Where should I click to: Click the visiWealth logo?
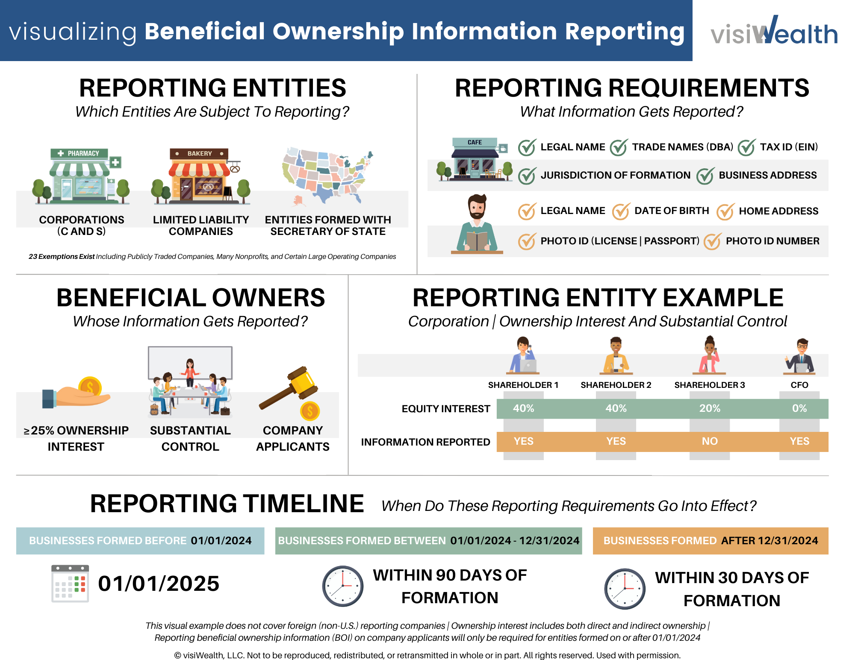tap(774, 31)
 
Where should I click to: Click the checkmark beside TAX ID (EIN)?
tap(747, 147)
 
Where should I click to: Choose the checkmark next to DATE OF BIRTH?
tap(620, 211)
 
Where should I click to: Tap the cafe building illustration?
tap(475, 160)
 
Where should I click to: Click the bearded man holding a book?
tap(477, 224)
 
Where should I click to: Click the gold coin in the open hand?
tap(90, 387)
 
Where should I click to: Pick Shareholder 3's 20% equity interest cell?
tap(710, 409)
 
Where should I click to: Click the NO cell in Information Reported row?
tap(710, 442)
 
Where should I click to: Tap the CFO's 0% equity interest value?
tap(799, 409)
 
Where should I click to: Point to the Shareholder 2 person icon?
tap(616, 355)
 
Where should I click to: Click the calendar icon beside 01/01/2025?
tap(70, 584)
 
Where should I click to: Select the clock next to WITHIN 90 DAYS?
tap(342, 586)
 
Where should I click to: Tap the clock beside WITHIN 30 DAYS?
tap(625, 589)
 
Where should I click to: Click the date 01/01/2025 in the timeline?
tap(159, 584)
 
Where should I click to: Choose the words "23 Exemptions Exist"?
tap(62, 257)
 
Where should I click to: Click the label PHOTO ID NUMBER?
tap(772, 241)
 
